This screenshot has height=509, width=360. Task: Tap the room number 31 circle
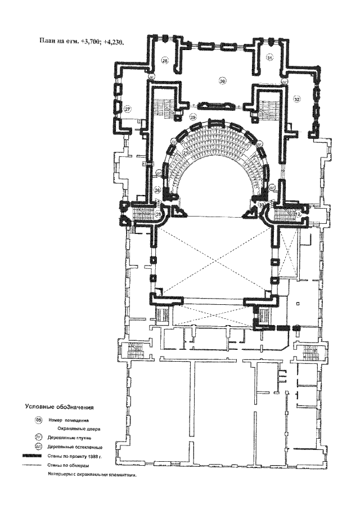(x=269, y=58)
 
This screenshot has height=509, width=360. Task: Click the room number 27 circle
(x=128, y=109)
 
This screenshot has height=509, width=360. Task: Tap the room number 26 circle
(x=157, y=191)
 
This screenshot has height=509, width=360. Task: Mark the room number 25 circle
(x=159, y=214)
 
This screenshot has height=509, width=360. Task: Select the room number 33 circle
(x=262, y=204)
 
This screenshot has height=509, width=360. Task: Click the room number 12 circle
(x=298, y=215)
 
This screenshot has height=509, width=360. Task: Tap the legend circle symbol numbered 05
(x=38, y=420)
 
